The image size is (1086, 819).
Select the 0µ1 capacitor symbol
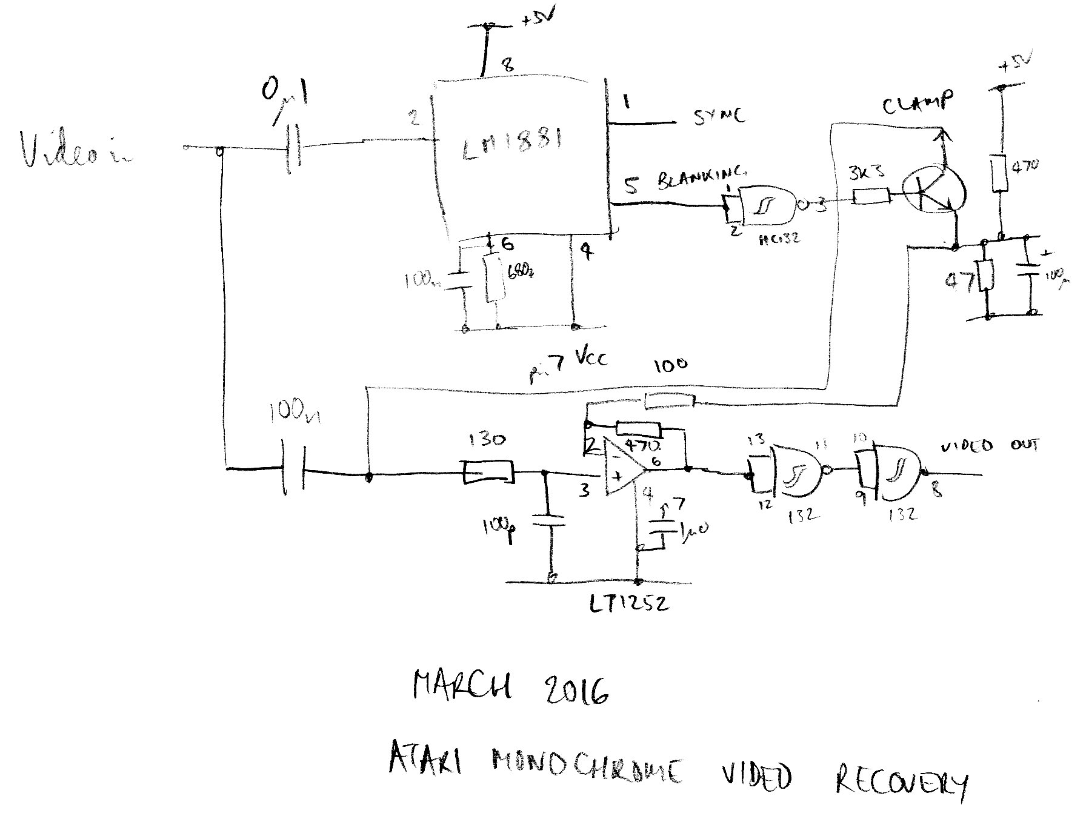point(293,147)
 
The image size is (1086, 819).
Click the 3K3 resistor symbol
point(871,196)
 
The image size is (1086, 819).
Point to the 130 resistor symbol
point(488,472)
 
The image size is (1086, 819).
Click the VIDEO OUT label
point(989,446)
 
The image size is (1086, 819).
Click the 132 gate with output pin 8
point(893,472)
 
